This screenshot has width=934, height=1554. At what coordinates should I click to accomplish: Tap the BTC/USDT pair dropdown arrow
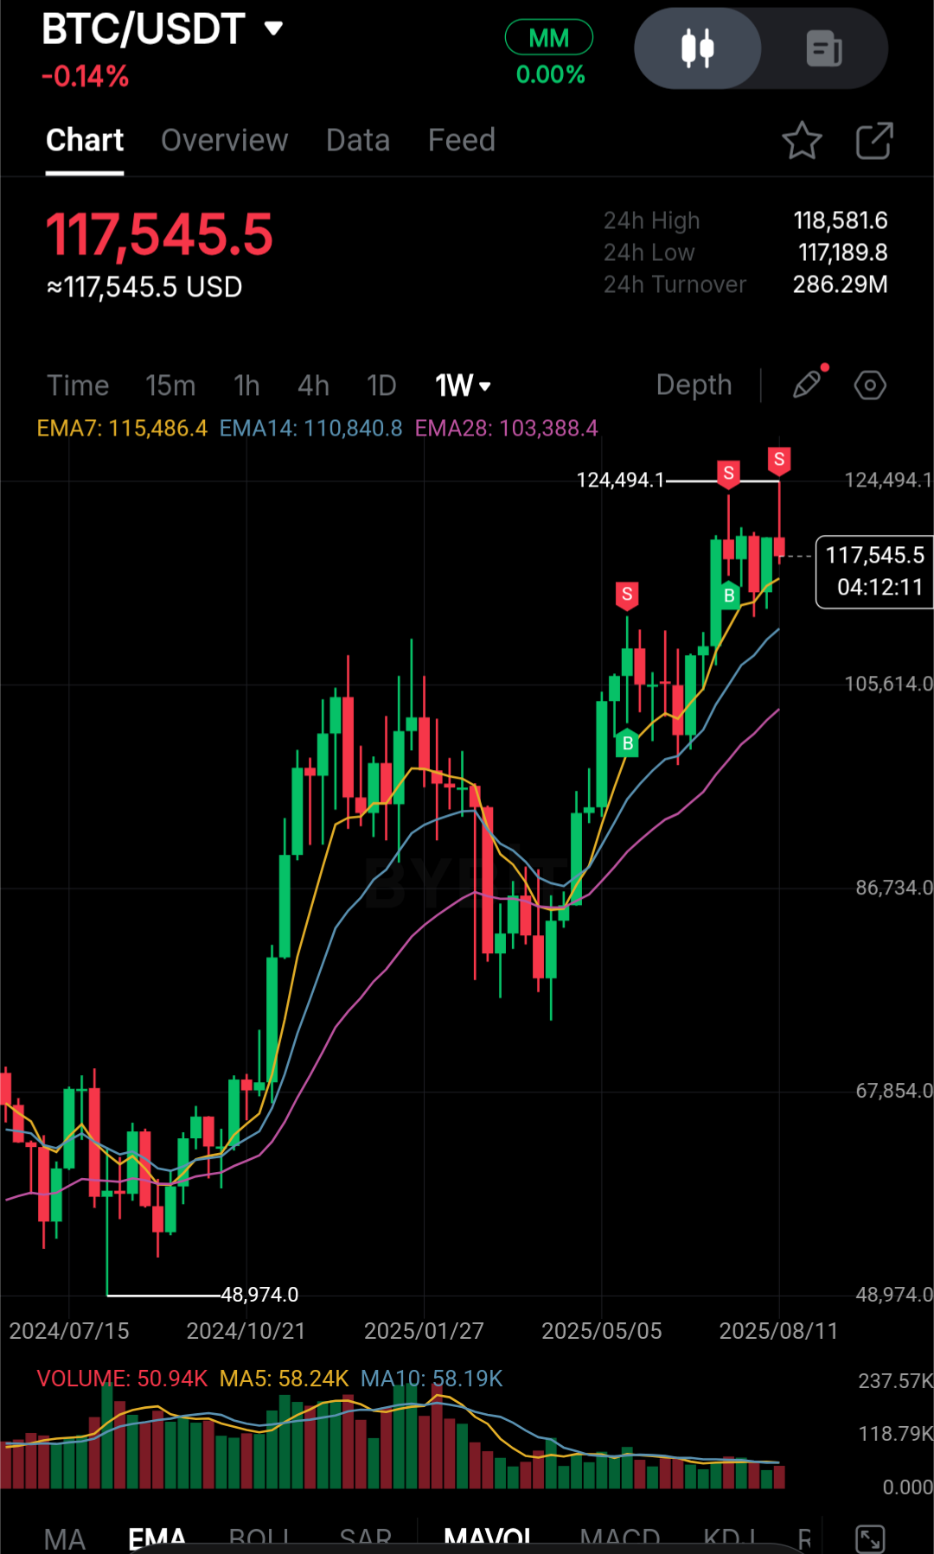[273, 29]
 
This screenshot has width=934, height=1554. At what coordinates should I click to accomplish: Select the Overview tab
[224, 140]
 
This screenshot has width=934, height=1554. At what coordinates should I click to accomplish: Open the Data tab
[357, 140]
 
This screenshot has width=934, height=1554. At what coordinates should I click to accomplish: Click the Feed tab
[461, 140]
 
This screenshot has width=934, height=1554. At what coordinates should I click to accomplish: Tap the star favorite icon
[802, 141]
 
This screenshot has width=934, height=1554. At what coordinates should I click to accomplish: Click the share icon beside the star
[873, 141]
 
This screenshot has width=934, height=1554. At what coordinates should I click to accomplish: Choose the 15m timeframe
[170, 385]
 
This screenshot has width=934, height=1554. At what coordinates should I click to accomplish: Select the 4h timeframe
[313, 385]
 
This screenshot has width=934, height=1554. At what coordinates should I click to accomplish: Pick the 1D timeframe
[381, 385]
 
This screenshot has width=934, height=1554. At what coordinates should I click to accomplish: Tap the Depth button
[694, 385]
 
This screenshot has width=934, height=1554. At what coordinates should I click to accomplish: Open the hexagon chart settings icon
[870, 385]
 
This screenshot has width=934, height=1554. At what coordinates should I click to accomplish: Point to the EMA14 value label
[310, 429]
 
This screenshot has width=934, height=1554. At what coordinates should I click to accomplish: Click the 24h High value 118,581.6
[840, 221]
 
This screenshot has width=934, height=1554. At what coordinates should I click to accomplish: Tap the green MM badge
[548, 38]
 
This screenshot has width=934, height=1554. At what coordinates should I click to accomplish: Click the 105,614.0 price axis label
[888, 685]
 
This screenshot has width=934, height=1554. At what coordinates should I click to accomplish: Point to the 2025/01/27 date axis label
[424, 1331]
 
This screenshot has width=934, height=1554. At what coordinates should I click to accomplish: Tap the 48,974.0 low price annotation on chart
[259, 1295]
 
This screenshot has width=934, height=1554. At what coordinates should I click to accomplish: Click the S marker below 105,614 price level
[627, 595]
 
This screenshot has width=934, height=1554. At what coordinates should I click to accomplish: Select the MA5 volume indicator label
[284, 1379]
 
